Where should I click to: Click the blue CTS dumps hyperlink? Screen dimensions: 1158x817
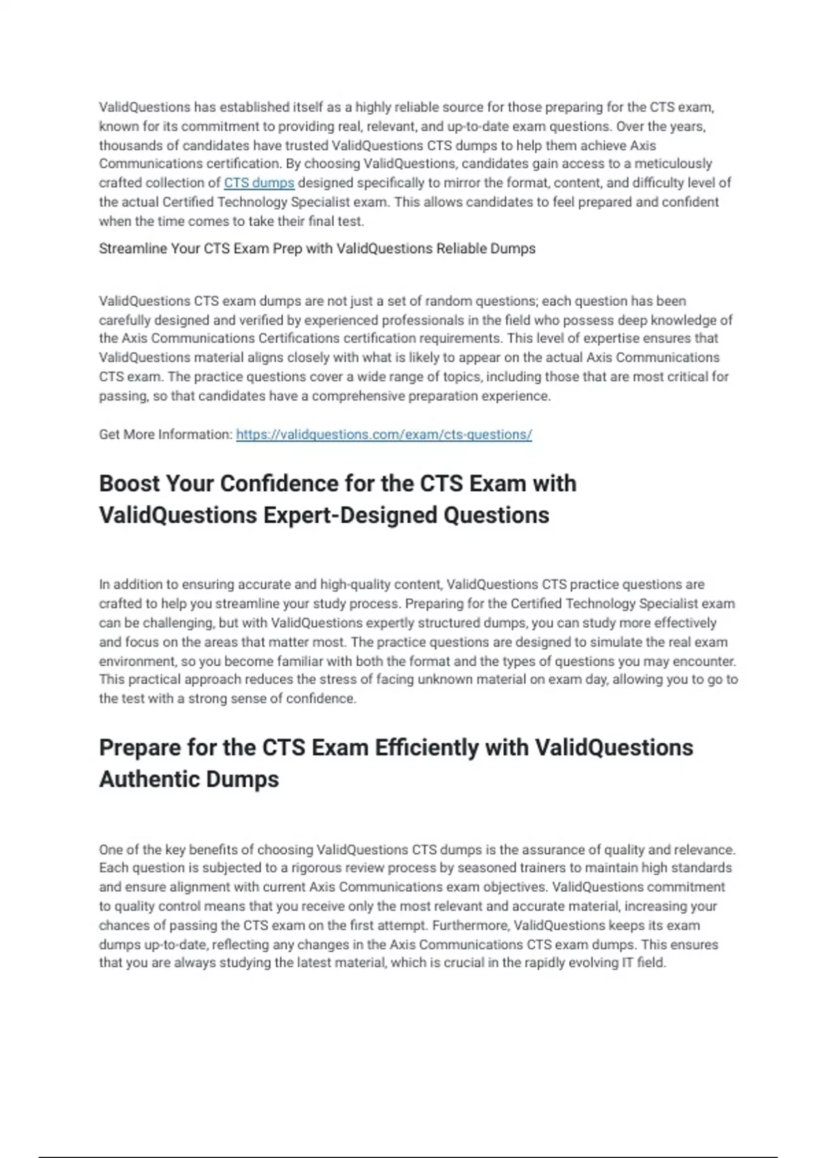(259, 183)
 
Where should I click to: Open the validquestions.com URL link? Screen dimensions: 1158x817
(383, 434)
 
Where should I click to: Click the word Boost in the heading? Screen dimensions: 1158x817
(129, 483)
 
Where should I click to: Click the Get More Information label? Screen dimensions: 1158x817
(165, 434)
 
